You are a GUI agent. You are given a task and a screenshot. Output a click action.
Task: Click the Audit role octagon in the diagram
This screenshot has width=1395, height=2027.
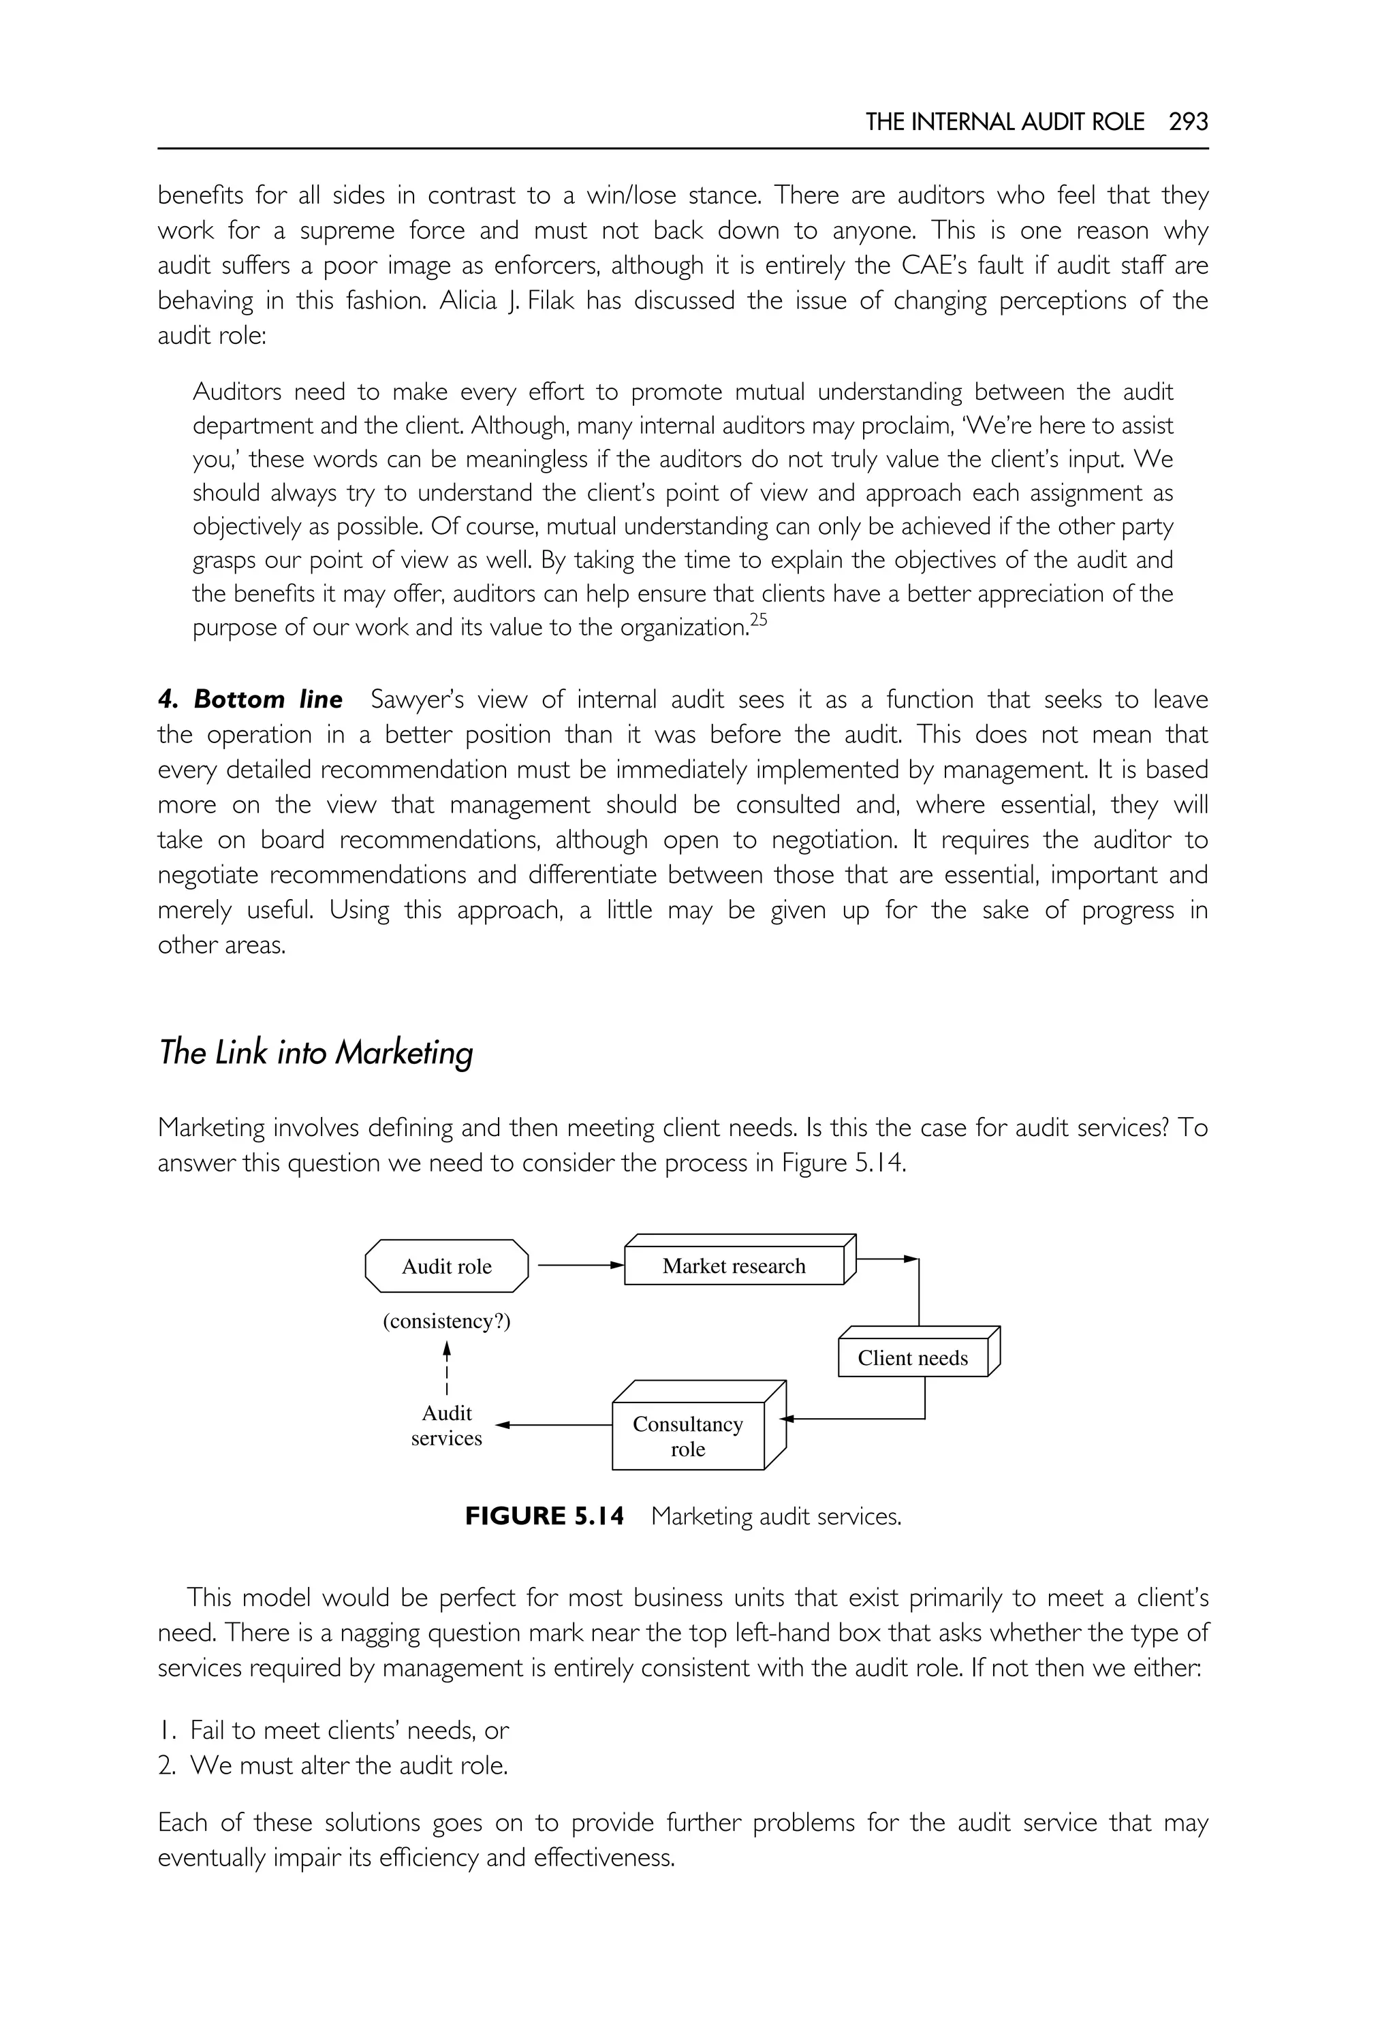(x=447, y=1267)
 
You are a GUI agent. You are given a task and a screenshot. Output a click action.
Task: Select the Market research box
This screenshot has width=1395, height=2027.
(x=734, y=1266)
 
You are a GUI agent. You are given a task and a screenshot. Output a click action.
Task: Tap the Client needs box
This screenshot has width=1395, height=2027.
(x=913, y=1357)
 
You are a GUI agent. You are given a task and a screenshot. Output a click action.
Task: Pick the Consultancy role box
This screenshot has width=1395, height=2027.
(x=688, y=1436)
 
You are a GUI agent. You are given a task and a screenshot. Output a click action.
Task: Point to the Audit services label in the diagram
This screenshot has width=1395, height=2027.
(x=447, y=1425)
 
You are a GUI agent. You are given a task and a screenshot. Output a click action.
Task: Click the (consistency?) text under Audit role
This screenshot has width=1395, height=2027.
(x=447, y=1321)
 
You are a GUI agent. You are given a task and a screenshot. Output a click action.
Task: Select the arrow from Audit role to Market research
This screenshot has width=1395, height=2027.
(x=580, y=1265)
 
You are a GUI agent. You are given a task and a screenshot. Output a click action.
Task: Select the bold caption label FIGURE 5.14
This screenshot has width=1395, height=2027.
(x=544, y=1515)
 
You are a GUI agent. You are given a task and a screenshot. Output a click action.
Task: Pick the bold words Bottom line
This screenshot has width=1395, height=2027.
(x=268, y=700)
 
